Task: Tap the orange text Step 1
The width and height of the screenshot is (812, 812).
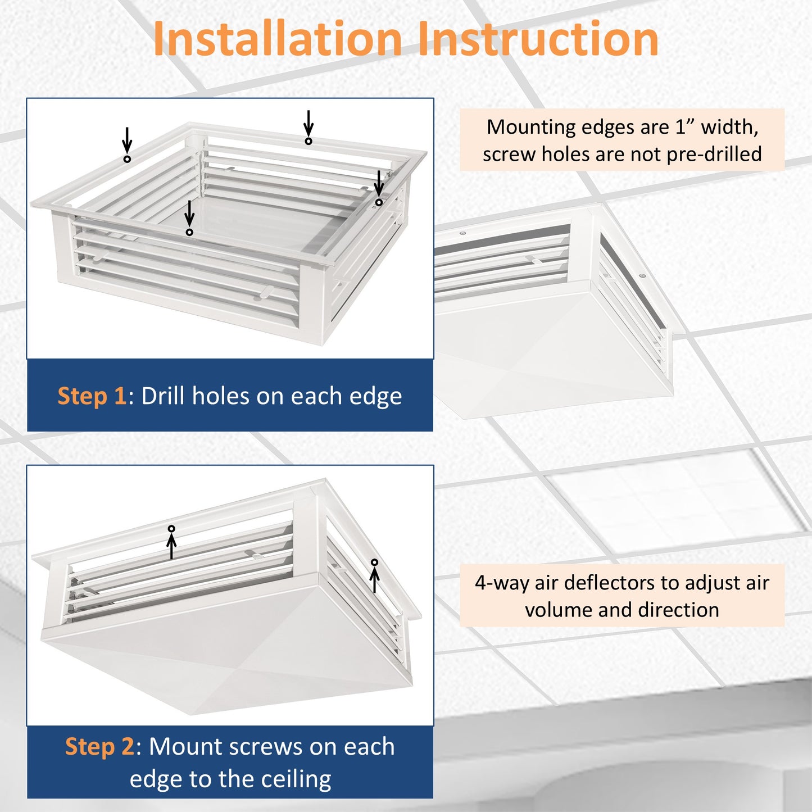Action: pyautogui.click(x=92, y=396)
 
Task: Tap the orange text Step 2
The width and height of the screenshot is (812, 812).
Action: pyautogui.click(x=99, y=747)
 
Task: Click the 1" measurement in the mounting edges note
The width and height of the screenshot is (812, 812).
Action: pyautogui.click(x=685, y=127)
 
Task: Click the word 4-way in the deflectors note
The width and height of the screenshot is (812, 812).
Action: pyautogui.click(x=501, y=583)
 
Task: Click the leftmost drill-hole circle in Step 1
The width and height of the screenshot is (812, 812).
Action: pyautogui.click(x=127, y=159)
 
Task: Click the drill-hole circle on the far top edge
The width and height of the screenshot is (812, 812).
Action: pyautogui.click(x=309, y=141)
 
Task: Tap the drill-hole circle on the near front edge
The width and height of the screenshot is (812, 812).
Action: pyautogui.click(x=189, y=232)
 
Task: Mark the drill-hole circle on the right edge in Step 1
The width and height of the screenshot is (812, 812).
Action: pyautogui.click(x=379, y=202)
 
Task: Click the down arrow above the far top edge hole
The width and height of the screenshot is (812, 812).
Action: pyautogui.click(x=309, y=123)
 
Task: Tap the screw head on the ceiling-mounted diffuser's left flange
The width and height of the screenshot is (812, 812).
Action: pyautogui.click(x=462, y=233)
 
